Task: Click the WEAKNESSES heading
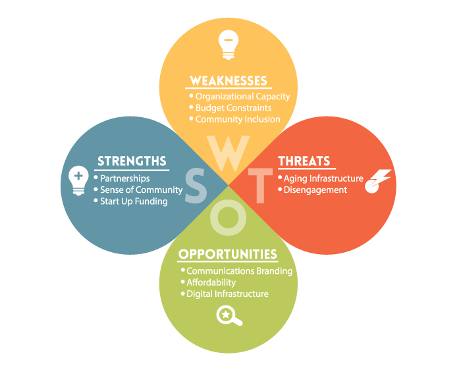229,81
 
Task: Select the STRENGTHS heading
132,161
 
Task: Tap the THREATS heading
304,161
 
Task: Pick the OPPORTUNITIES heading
228,254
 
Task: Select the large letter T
261,186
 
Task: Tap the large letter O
228,218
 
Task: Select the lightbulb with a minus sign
227,45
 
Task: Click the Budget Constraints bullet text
233,108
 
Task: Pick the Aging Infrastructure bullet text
323,178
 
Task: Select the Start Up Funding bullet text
134,201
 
